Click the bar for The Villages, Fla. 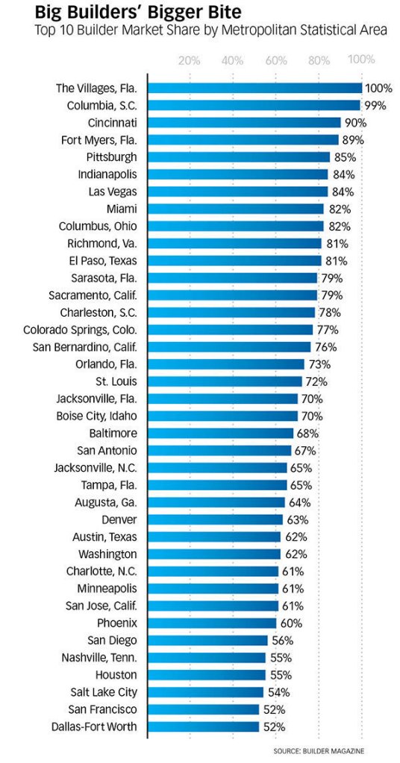[x=254, y=88]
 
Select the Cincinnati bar [x=244, y=123]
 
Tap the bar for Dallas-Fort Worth [x=203, y=727]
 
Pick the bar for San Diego [x=207, y=640]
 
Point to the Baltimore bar [x=220, y=433]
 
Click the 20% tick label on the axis [x=190, y=61]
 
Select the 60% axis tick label [x=276, y=61]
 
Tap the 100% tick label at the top [x=361, y=60]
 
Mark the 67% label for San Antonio [x=304, y=451]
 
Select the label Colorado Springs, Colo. [x=81, y=330]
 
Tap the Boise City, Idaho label [x=96, y=416]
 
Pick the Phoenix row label [x=117, y=623]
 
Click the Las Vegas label [x=113, y=191]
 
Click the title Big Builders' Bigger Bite [x=138, y=10]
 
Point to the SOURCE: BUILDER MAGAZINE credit [x=319, y=751]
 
